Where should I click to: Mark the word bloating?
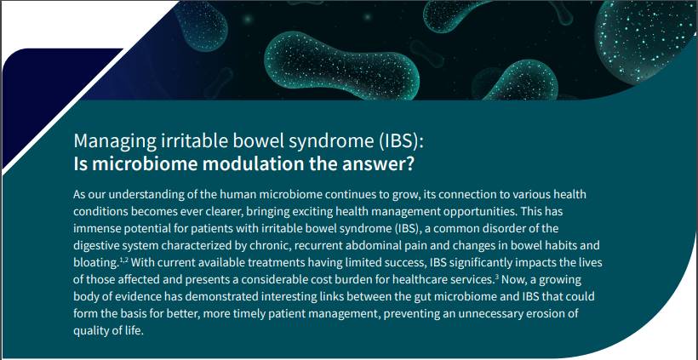(x=95, y=263)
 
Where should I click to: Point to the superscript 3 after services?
(x=496, y=277)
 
